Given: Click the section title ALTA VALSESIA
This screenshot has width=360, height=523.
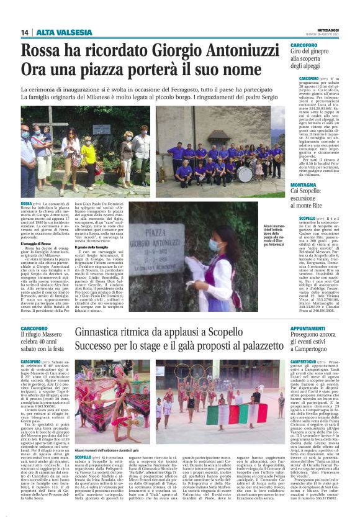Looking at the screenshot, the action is (56, 32).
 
